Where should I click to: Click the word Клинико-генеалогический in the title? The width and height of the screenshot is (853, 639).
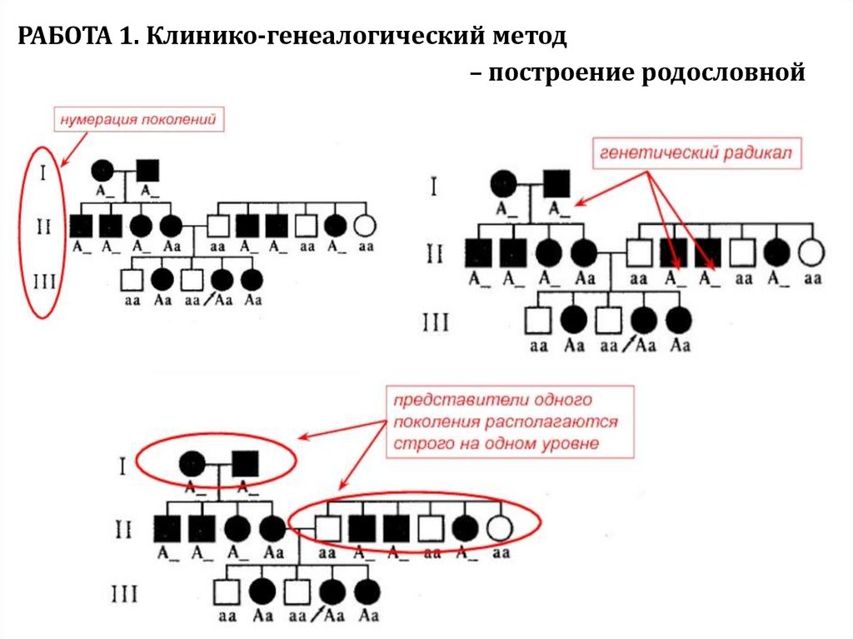(314, 37)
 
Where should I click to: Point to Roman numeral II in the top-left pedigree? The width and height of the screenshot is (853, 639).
(43, 226)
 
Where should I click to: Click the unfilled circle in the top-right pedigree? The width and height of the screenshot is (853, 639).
(811, 252)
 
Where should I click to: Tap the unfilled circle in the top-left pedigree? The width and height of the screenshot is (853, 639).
(365, 225)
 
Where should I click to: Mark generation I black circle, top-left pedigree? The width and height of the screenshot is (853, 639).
(102, 170)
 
